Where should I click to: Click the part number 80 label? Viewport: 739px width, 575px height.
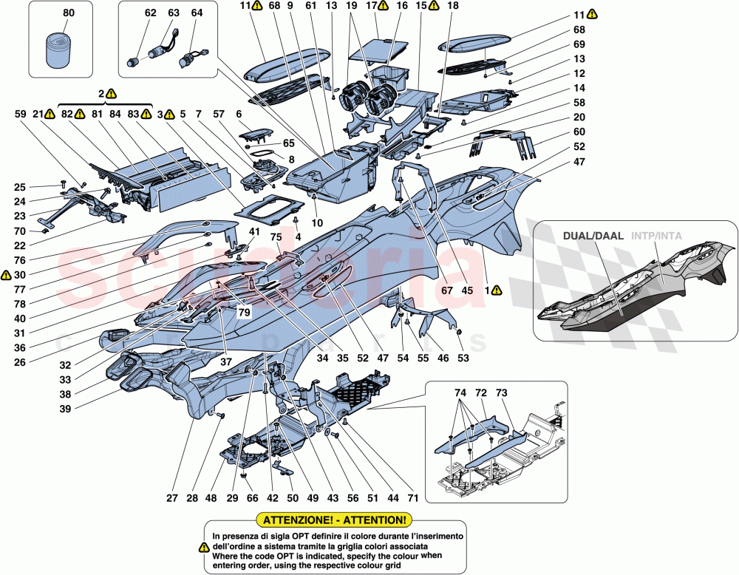[69, 13]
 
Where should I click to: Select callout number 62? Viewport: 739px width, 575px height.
[150, 13]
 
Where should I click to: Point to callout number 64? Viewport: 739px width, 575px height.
[197, 13]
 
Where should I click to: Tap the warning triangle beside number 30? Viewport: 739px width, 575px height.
[7, 275]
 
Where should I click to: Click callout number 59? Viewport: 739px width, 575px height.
[20, 115]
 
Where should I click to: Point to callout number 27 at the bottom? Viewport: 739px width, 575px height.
[172, 498]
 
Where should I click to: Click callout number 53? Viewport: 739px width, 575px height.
[463, 358]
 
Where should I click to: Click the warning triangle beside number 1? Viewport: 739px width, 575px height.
[497, 290]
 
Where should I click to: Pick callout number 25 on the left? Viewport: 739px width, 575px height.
[20, 187]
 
